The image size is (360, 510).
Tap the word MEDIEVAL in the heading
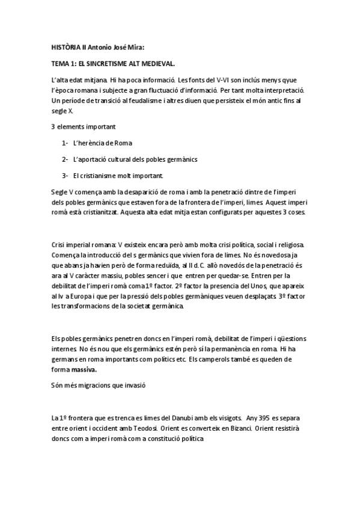pos(157,62)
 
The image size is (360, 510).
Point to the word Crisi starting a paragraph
pos(60,245)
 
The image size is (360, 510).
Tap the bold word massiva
pos(84,369)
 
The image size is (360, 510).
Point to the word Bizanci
pos(237,428)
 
